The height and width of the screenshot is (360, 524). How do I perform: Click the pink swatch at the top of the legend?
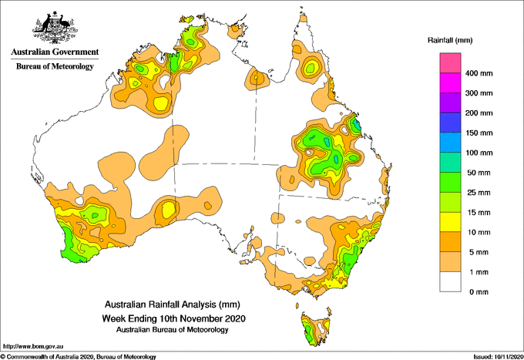450,63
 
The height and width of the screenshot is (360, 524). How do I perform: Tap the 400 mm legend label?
479,73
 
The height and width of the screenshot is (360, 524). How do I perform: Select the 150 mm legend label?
479,133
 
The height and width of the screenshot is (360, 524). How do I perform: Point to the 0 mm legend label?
479,292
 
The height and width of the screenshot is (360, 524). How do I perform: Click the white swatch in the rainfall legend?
450,282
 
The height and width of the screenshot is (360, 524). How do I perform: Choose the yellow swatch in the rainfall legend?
450,222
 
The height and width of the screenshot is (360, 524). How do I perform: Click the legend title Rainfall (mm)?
450,40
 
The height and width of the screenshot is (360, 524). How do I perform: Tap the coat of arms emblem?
55,28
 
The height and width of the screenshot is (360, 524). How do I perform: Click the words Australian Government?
55,52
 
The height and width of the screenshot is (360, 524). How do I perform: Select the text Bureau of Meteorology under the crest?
55,66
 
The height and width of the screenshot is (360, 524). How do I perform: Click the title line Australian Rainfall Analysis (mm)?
173,304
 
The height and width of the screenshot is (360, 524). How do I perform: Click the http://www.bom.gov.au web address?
33,347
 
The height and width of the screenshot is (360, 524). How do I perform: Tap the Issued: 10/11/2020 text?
499,357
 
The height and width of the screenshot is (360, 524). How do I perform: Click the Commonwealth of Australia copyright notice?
78,357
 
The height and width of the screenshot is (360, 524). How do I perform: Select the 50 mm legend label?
479,173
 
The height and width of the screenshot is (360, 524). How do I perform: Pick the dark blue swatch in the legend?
450,123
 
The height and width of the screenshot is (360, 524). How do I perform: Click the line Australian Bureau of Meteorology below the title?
173,330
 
